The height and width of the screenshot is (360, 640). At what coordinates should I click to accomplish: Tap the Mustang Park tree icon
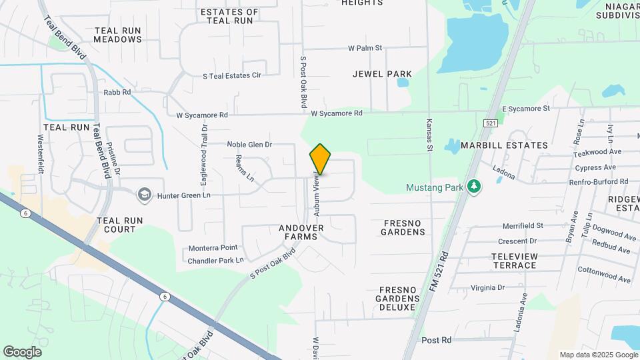coord(473,186)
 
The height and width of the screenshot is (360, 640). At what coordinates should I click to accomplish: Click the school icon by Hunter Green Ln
coord(143,195)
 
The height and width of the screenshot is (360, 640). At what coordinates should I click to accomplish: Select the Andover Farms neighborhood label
coord(301,232)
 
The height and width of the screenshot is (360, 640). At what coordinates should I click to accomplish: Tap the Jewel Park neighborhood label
coord(382,74)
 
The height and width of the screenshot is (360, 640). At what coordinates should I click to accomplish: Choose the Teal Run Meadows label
coord(118,35)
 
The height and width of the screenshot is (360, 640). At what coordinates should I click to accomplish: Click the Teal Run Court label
coord(116,225)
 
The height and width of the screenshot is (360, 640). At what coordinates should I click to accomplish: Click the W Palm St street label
coord(365,48)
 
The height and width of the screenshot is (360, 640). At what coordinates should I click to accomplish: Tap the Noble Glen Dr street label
coord(250,144)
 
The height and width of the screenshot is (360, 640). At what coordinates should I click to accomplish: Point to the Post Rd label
coord(437,340)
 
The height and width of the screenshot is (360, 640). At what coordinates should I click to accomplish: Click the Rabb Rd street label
coord(117,92)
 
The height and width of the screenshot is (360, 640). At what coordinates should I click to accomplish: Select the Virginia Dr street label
coord(487,288)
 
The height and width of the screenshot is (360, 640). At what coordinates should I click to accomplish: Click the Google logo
coord(23,351)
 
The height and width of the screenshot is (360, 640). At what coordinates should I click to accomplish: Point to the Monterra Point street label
coord(213,247)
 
